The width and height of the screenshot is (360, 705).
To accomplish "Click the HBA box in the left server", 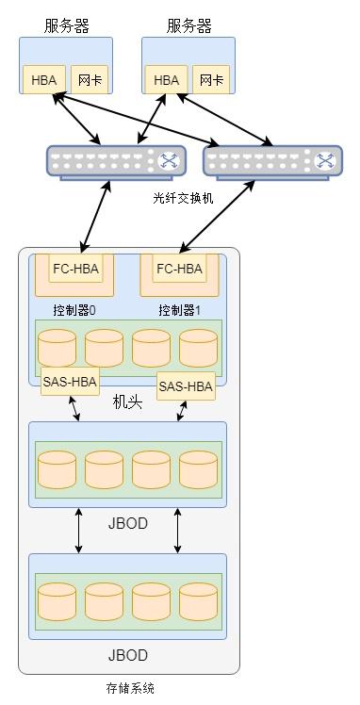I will tap(43, 80).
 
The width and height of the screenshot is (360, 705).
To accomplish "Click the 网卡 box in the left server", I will tap(87, 80).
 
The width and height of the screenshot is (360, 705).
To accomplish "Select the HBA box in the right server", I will tap(166, 80).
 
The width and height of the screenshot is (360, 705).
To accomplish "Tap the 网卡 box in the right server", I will tap(209, 80).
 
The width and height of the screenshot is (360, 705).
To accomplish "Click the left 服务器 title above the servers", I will tap(66, 25).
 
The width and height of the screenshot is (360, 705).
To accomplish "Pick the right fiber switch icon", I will tap(273, 162).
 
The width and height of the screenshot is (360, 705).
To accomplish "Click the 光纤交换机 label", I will tap(183, 198).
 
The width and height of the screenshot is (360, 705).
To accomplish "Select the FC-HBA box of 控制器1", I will tap(179, 269).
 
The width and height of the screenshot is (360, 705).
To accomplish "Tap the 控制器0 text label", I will tap(74, 310).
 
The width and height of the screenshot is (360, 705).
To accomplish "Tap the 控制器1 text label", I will tap(180, 310).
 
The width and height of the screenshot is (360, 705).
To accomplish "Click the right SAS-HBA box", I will tap(185, 385).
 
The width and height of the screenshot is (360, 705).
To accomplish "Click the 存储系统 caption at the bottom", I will tap(130, 689).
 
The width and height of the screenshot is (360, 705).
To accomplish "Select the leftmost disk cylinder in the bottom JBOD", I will tap(57, 601).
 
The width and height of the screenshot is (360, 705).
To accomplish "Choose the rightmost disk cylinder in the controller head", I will tap(198, 348).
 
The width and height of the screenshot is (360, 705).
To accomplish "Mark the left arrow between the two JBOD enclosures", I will tap(78, 531).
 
